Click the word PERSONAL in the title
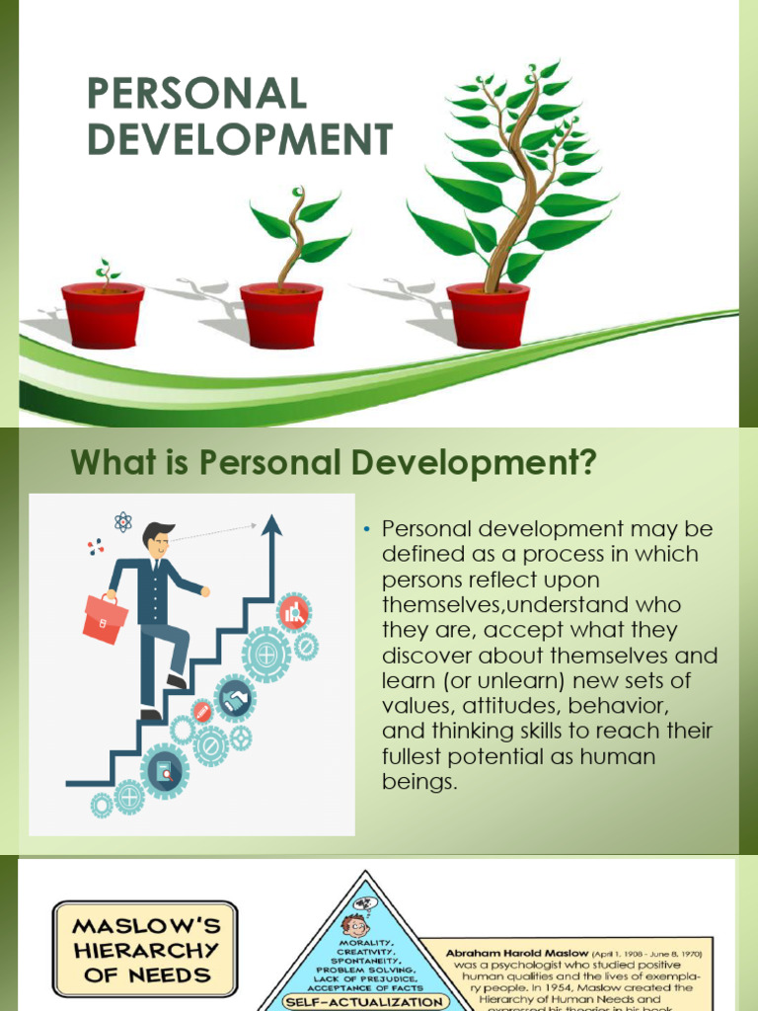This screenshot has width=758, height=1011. (197, 94)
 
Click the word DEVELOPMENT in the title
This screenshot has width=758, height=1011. (241, 139)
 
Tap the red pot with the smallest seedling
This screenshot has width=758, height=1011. (103, 314)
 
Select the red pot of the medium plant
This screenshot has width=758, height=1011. (281, 314)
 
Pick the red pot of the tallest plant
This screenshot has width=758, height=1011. (488, 314)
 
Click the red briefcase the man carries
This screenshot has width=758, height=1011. (105, 616)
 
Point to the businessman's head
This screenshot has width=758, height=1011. (158, 541)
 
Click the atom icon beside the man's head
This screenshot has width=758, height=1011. (122, 520)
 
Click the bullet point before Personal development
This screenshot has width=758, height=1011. (365, 530)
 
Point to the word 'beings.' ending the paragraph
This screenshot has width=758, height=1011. (420, 783)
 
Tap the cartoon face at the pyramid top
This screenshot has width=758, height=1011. (355, 924)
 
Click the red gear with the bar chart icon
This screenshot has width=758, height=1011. (293, 612)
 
